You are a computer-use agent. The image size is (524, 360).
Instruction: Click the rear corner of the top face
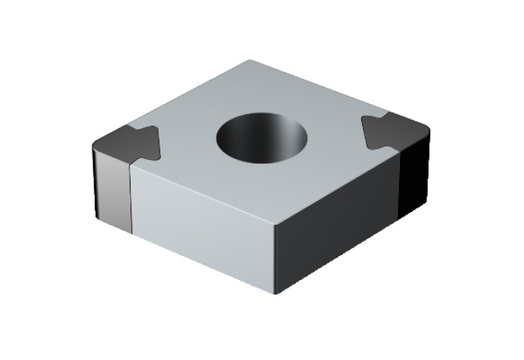[249, 60]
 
